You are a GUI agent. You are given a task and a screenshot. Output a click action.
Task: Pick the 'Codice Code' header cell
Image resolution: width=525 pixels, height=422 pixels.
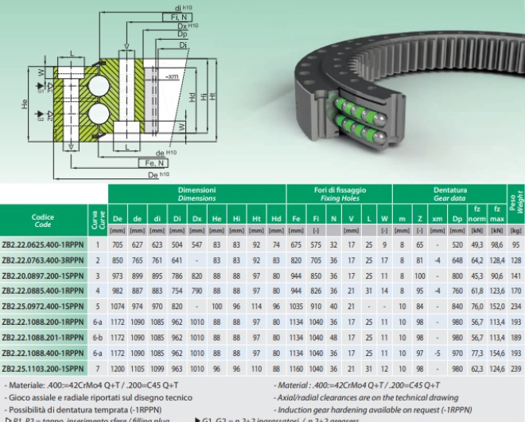pyautogui.click(x=43, y=220)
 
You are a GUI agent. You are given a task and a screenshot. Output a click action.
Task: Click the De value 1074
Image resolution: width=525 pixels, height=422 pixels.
pyautogui.click(x=118, y=307)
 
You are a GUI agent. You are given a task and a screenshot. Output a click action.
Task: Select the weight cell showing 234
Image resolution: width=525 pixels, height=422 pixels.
pyautogui.click(x=516, y=307)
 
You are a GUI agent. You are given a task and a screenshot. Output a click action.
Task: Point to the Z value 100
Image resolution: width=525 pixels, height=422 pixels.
pyautogui.click(x=418, y=275)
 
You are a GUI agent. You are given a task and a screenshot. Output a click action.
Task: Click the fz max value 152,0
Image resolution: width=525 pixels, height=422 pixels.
pyautogui.click(x=496, y=307)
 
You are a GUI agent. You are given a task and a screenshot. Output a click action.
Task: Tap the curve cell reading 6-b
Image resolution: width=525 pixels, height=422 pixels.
pyautogui.click(x=98, y=338)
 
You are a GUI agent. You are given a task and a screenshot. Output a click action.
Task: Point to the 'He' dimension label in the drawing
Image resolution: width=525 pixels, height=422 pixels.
pyautogui.click(x=25, y=104)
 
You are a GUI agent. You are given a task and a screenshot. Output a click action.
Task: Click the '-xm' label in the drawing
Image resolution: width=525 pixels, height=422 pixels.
pyautogui.click(x=172, y=76)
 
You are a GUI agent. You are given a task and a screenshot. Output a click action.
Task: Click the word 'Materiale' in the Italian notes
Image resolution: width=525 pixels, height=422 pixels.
pyautogui.click(x=33, y=385)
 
